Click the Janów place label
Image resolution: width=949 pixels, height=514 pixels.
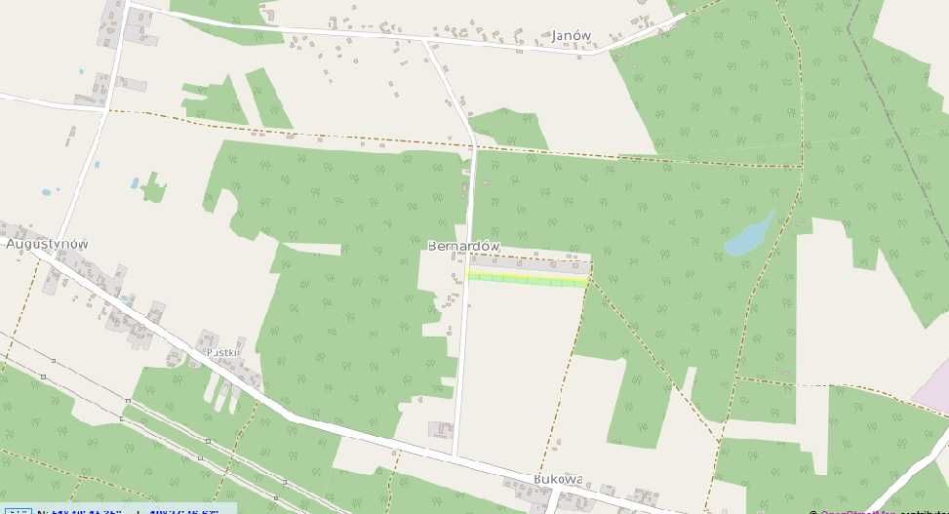(x=572, y=35)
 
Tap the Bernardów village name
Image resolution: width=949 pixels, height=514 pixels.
(x=463, y=247)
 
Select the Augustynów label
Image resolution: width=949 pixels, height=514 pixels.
(x=47, y=243)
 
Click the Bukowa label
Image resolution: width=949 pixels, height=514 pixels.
(x=558, y=480)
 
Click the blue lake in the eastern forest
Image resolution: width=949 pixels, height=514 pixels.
(x=748, y=235)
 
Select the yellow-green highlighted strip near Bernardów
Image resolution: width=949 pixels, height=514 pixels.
(x=528, y=279)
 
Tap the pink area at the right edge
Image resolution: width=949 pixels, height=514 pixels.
(x=934, y=391)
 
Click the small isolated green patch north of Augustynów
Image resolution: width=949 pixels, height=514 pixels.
(x=153, y=186)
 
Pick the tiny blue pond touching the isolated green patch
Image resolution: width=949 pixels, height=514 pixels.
(x=135, y=182)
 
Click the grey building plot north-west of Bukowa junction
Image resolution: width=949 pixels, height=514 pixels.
(x=441, y=429)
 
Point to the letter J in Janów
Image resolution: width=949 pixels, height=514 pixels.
(x=556, y=35)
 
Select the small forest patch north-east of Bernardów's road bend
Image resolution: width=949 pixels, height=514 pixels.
(x=508, y=128)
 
